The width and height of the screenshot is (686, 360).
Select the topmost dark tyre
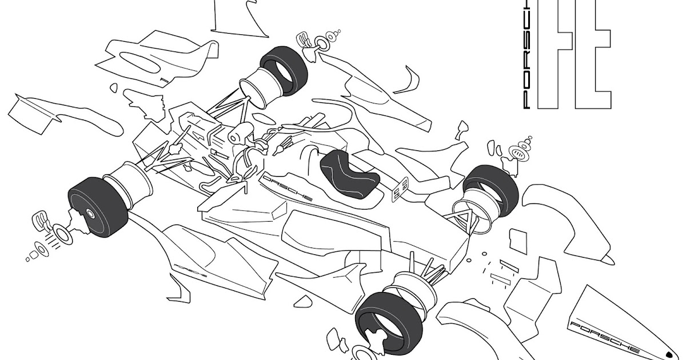pyautogui.click(x=284, y=70)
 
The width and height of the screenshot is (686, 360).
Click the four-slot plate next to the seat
pyautogui.click(x=400, y=189)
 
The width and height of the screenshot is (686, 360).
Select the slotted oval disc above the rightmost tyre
pyautogui.click(x=518, y=153)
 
